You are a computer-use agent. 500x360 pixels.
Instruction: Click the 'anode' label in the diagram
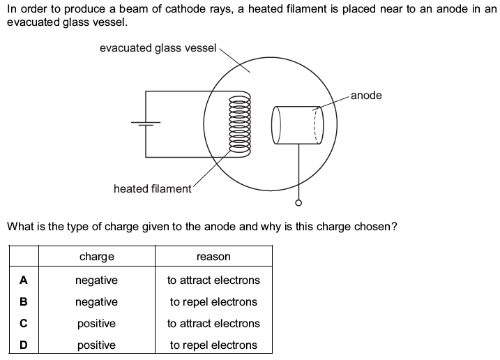(366, 96)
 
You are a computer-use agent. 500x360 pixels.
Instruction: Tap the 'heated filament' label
(152, 189)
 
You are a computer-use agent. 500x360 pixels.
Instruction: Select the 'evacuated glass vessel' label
(158, 48)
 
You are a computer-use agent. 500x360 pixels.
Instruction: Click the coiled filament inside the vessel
(244, 126)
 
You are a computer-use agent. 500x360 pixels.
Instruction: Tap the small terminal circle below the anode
(299, 204)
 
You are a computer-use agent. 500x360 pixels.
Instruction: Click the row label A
(24, 280)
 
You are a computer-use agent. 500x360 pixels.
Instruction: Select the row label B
(24, 302)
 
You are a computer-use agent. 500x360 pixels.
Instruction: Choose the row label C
(24, 324)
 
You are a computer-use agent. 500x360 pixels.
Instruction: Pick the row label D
(24, 345)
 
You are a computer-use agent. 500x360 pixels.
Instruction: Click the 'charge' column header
(97, 257)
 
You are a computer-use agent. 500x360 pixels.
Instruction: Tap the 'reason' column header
(213, 257)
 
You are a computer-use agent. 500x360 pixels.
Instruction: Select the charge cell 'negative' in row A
(97, 280)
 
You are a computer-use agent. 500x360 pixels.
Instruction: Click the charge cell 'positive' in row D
(97, 345)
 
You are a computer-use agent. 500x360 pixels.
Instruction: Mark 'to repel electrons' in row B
(213, 302)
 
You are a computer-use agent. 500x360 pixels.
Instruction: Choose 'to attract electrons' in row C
(213, 324)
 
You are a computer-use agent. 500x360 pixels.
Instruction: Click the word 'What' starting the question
(19, 227)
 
